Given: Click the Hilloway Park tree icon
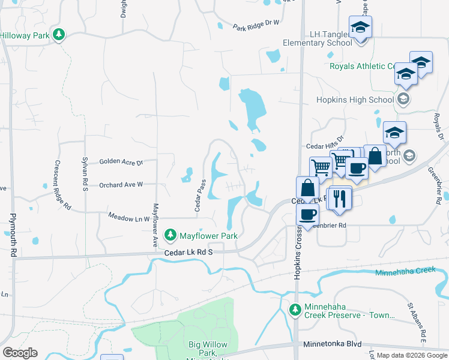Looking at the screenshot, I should click(x=58, y=35).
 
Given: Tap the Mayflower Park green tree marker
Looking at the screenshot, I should click(x=171, y=233).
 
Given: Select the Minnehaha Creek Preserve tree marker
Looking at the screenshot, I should click(x=295, y=310).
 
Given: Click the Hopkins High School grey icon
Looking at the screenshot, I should click(x=404, y=100).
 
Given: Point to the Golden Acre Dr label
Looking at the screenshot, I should click(x=121, y=162).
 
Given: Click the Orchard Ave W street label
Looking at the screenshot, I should click(x=121, y=185).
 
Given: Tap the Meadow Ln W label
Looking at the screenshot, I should click(x=128, y=218).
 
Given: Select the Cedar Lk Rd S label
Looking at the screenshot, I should click(x=190, y=254).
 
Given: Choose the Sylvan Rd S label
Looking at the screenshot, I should click(x=85, y=174).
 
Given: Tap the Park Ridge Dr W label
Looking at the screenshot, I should click(x=256, y=25).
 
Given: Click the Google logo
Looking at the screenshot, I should click(x=20, y=353).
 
